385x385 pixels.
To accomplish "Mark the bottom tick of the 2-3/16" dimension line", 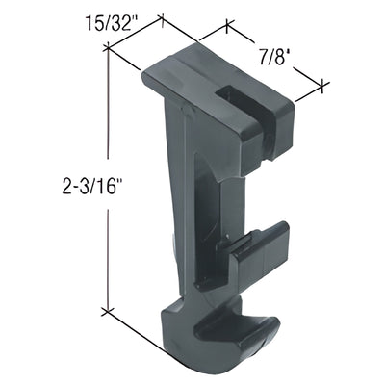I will click(108, 313).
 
